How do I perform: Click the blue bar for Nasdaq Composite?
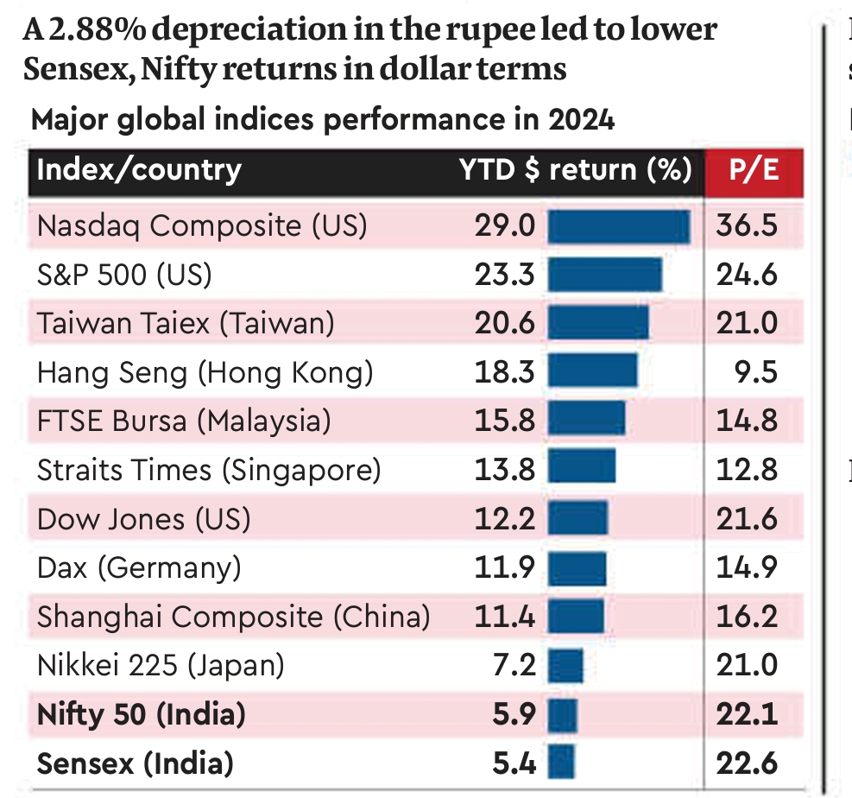618,226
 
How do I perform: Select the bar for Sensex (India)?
560,763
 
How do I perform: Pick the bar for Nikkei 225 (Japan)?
565,666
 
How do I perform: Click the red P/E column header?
754,169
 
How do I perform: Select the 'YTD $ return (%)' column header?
574,169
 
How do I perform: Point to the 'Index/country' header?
139,169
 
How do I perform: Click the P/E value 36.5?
747,226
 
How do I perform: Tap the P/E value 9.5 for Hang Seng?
758,372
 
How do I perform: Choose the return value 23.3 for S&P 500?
504,275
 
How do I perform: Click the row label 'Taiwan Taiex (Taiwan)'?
185,324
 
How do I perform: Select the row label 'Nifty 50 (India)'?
142,714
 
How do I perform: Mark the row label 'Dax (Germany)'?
139,568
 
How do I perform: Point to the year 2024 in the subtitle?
581,120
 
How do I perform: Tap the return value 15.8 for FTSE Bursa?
504,421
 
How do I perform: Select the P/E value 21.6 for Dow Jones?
747,519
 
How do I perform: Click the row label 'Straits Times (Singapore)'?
208,471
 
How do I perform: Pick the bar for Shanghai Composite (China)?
576,617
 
